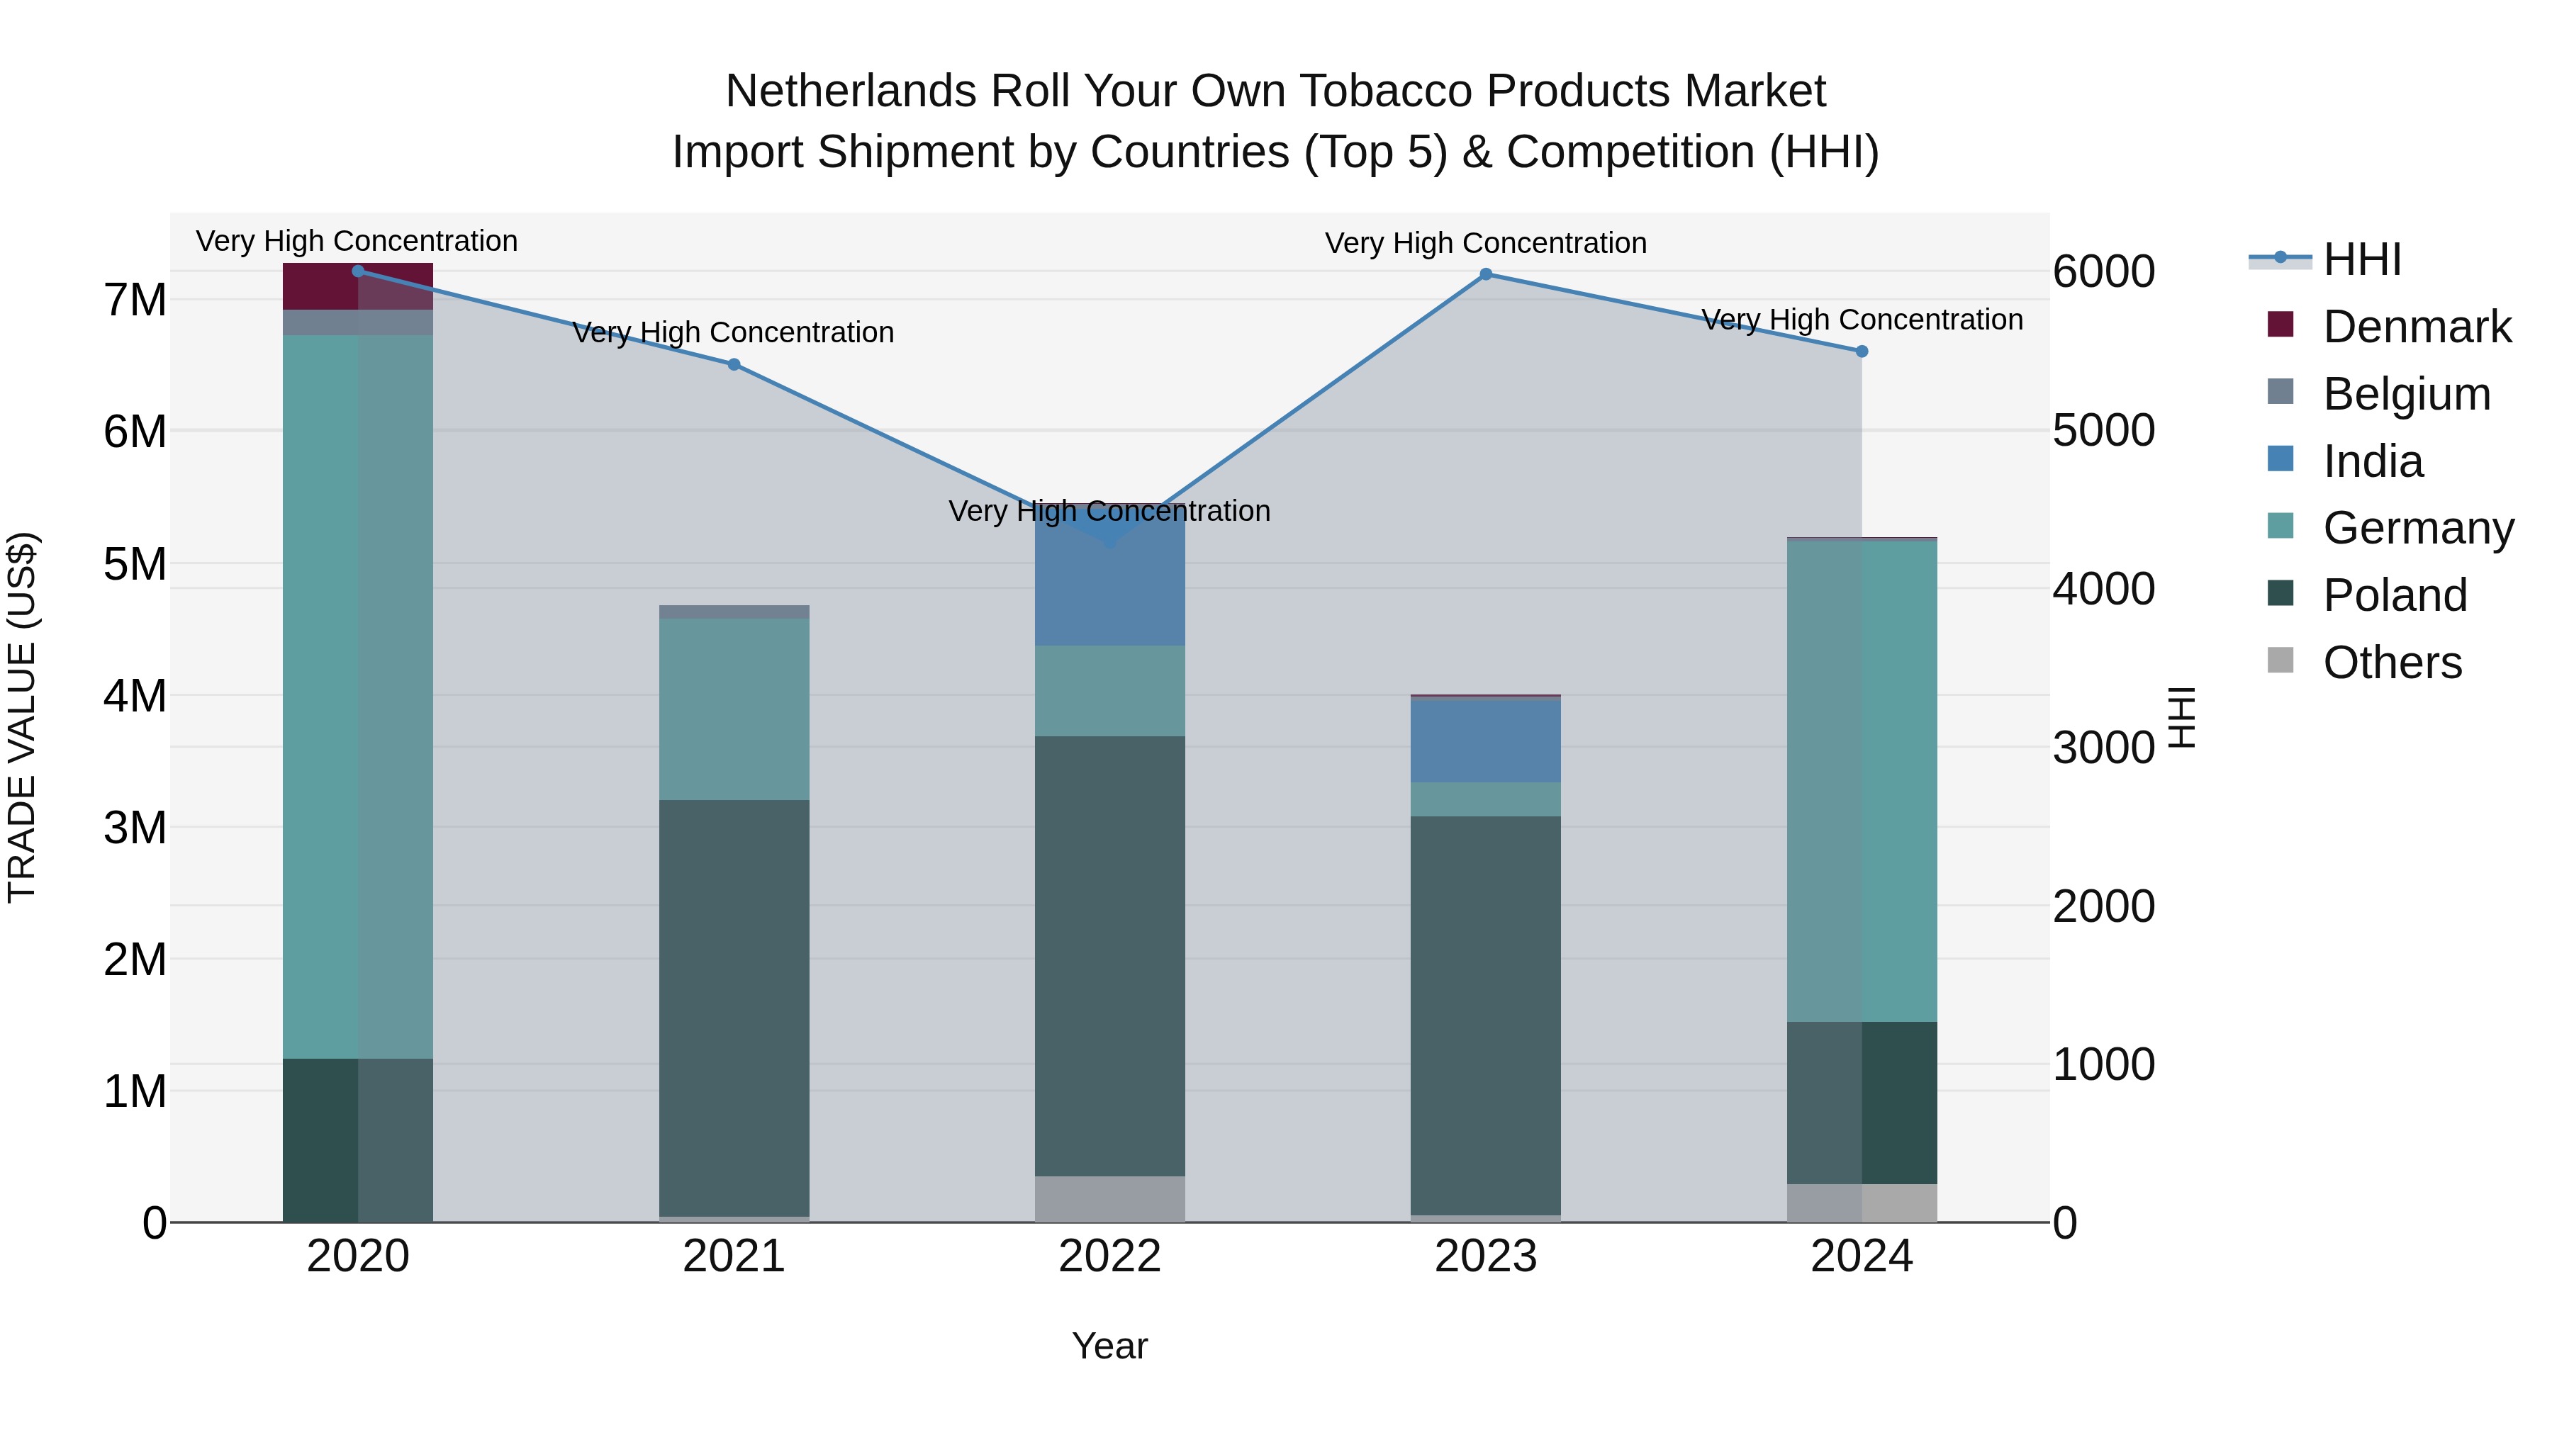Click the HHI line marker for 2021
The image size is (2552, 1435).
[x=734, y=364]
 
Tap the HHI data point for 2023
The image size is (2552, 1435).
[x=1485, y=274]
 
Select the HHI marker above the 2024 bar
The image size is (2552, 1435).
[x=1862, y=351]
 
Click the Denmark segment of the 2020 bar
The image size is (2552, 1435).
[x=358, y=286]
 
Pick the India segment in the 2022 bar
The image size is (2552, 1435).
[x=1109, y=585]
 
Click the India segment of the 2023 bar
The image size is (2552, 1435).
[x=1485, y=741]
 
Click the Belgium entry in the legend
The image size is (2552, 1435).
[x=2405, y=394]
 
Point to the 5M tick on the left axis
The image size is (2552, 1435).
[x=135, y=565]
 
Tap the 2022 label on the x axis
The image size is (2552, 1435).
[x=1109, y=1256]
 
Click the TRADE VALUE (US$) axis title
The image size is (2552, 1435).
[x=23, y=717]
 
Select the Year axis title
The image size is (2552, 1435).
[x=1109, y=1346]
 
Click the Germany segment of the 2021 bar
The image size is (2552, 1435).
[x=734, y=709]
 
